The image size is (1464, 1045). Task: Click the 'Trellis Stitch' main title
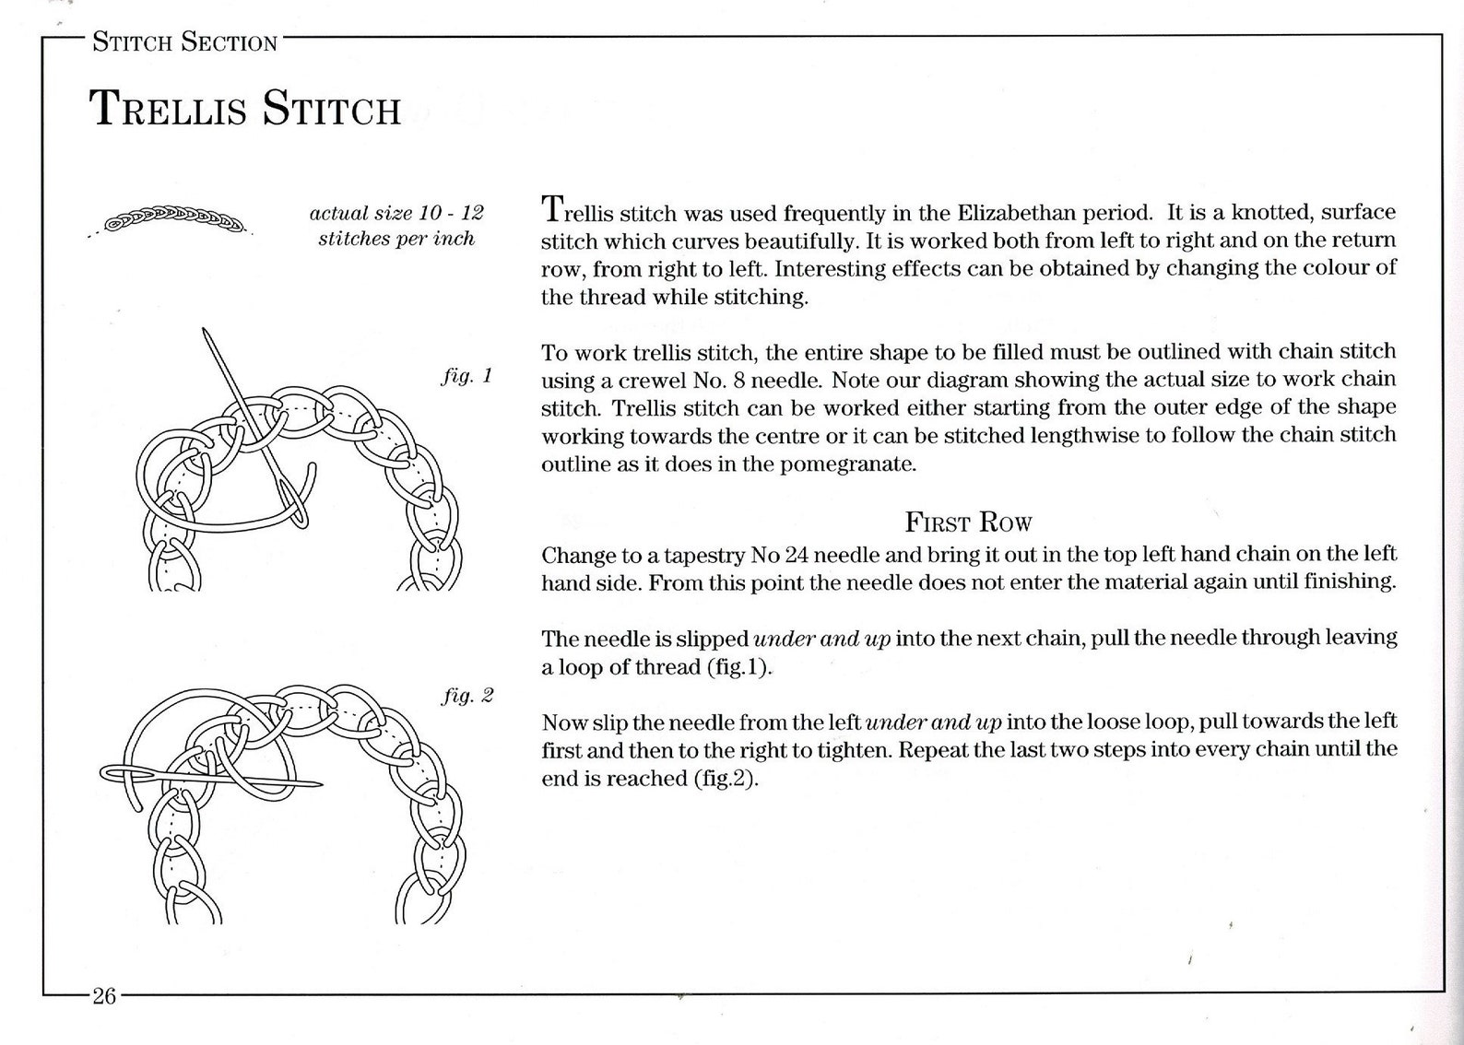244,109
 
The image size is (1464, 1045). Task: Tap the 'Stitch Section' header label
185,42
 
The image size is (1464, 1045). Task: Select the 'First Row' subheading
968,522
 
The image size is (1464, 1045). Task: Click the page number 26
104,996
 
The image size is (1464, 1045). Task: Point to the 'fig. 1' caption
466,376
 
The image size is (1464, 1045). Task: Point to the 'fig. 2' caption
468,696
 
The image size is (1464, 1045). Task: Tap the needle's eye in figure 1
293,503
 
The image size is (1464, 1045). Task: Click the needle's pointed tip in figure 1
204,329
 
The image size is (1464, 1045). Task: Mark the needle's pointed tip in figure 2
321,783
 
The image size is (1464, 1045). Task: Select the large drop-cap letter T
553,208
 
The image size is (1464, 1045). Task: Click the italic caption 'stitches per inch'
396,239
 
